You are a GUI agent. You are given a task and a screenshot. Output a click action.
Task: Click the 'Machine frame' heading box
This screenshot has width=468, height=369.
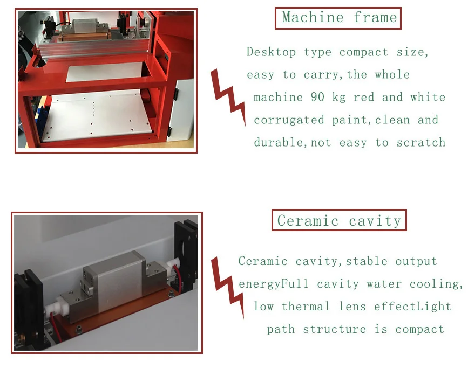(338, 18)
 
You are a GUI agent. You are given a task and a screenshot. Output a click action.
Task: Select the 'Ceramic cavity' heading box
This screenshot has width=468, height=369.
(339, 220)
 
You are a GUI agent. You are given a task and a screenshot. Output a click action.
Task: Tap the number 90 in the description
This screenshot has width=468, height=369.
(317, 97)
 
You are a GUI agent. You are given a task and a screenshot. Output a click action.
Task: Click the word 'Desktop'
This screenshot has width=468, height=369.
(271, 52)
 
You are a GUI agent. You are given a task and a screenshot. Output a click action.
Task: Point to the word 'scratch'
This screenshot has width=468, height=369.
(421, 142)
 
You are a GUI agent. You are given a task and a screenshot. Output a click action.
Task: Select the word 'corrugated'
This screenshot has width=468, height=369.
(289, 120)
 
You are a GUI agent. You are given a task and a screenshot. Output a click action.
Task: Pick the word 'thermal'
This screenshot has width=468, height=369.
(306, 306)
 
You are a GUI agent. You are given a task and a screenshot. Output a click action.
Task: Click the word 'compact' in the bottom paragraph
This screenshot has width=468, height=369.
(419, 329)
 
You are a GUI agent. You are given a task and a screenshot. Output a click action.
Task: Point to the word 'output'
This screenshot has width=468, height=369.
(416, 261)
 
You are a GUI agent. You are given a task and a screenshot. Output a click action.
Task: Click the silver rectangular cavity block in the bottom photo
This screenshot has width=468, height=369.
(115, 282)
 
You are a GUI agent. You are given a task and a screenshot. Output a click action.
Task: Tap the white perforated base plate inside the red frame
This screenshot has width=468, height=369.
(97, 116)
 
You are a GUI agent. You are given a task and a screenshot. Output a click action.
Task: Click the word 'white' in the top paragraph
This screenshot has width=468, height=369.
(428, 97)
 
